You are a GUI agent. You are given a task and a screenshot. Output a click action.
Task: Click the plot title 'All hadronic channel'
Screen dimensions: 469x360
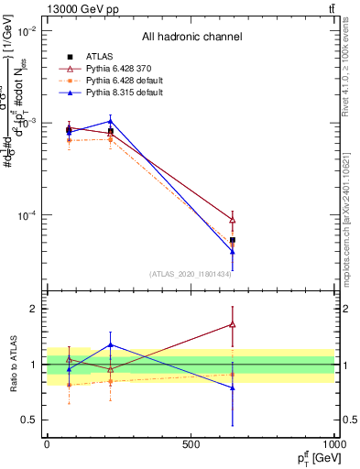coord(191,37)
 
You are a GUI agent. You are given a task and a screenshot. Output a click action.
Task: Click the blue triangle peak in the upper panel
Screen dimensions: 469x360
coord(111,121)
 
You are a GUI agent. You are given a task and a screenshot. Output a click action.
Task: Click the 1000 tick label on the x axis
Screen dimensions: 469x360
coord(332,443)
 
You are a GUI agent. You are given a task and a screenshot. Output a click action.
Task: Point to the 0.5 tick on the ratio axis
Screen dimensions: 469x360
coord(30,420)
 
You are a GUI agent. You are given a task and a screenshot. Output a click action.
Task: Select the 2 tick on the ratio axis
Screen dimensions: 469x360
coord(34,309)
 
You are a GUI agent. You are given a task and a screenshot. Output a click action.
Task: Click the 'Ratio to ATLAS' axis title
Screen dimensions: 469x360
coord(12,365)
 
